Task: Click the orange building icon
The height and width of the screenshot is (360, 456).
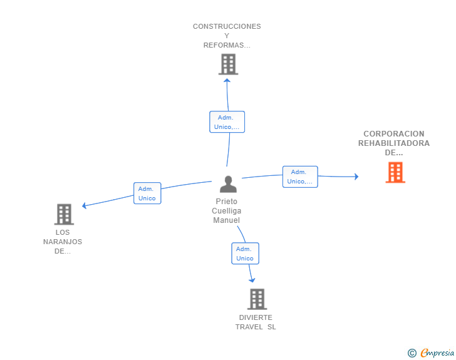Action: [395, 172]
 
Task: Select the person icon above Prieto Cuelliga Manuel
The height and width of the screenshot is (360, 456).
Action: [228, 184]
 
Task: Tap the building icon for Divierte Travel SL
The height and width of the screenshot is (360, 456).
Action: [257, 299]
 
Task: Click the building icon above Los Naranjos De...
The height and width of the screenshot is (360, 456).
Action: [64, 214]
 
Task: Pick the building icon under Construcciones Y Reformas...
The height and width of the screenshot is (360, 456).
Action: [228, 64]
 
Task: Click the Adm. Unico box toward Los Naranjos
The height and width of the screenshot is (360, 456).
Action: [147, 193]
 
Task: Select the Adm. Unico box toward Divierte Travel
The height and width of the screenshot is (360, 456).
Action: [245, 254]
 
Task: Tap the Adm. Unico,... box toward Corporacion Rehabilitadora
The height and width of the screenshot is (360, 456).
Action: [300, 177]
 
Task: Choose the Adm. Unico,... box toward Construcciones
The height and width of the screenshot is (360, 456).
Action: [227, 122]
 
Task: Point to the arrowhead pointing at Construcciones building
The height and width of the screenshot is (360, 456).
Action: [227, 80]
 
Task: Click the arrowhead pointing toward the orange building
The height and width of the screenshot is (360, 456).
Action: [356, 177]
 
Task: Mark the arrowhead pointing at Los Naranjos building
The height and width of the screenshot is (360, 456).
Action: [84, 205]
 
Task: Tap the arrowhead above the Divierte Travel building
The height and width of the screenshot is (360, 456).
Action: [252, 280]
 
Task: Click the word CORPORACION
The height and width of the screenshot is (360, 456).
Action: [394, 134]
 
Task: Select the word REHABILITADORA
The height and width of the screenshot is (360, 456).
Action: [394, 143]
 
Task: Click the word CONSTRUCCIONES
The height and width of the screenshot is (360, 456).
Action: [227, 26]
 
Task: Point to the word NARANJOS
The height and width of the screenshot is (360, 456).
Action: [63, 242]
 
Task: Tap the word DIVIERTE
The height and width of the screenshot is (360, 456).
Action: [256, 317]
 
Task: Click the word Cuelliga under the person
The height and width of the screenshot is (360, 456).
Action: [227, 211]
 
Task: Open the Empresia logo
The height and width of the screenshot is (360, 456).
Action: [431, 353]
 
